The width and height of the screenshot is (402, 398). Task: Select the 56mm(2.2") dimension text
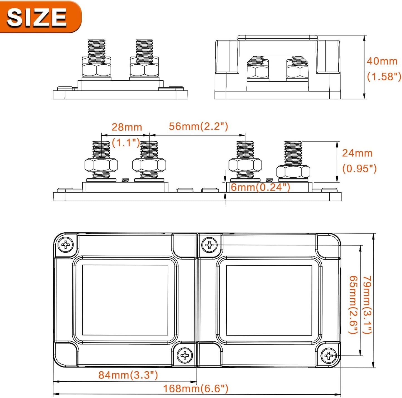[198, 126]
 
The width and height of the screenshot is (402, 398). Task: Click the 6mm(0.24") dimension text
[260, 187]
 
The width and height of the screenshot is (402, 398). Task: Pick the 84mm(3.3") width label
[128, 375]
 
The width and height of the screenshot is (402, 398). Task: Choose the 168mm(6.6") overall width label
[196, 388]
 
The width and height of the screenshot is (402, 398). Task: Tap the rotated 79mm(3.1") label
[368, 304]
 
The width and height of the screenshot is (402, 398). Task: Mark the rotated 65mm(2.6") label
[353, 304]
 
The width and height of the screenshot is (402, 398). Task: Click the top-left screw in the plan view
[66, 245]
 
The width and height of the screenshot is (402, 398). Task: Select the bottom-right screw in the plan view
[329, 356]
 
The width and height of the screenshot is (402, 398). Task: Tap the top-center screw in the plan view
[209, 245]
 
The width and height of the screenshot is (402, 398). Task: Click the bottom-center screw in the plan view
[185, 355]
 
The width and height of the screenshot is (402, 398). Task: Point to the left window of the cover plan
[125, 300]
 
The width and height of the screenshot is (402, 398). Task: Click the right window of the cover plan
[269, 300]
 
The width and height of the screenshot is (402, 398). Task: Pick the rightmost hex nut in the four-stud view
[293, 172]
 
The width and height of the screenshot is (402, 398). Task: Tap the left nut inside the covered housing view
[258, 72]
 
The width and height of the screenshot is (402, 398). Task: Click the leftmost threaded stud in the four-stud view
[101, 150]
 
